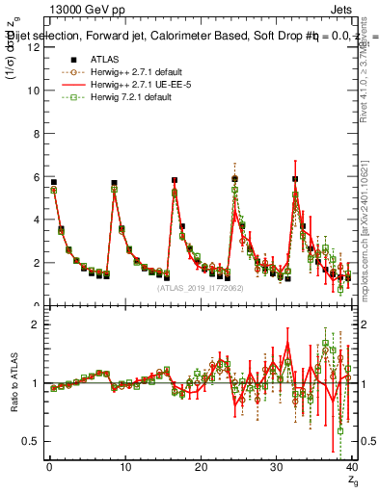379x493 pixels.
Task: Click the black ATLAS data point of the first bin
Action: [54, 182]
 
